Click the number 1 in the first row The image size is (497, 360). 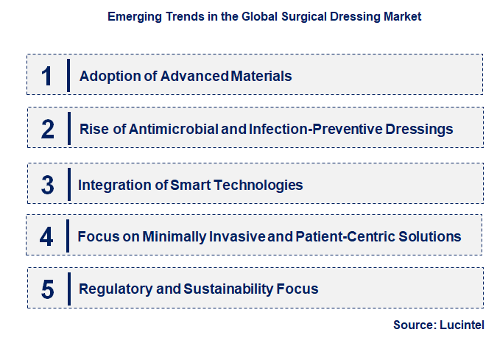tap(47, 76)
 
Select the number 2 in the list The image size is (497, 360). tap(48, 130)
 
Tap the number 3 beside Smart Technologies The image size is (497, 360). tap(48, 185)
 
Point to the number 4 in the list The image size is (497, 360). tap(47, 236)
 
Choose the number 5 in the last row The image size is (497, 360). tap(48, 289)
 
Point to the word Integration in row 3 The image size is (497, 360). tap(108, 185)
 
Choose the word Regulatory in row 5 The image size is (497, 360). tap(115, 289)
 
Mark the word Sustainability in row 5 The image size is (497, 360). tap(226, 289)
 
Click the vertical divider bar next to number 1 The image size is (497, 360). tap(68, 75)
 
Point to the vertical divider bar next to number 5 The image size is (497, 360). tap(68, 288)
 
